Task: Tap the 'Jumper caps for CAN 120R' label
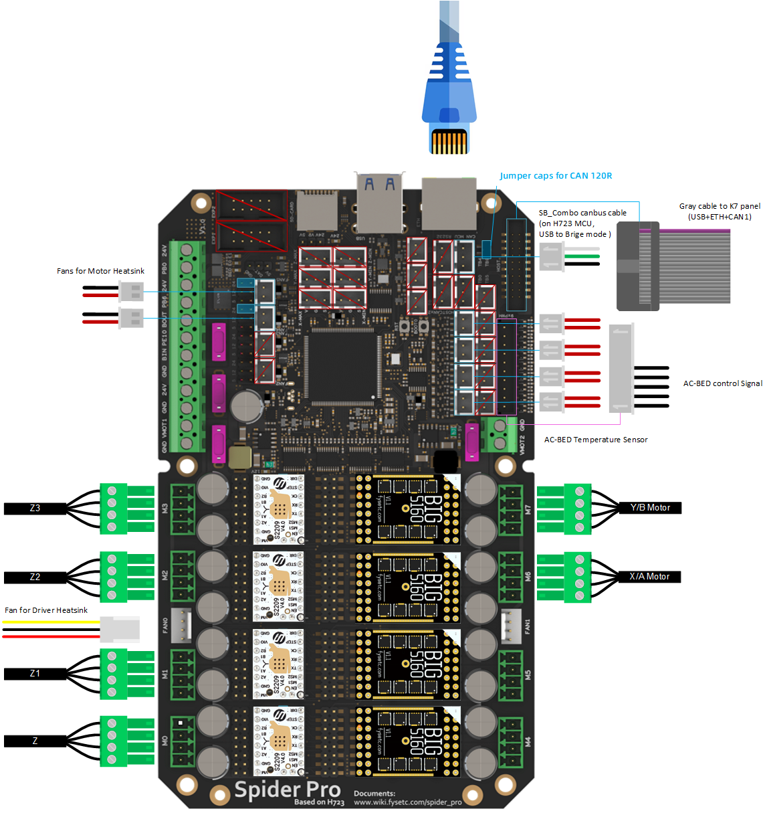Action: tap(556, 176)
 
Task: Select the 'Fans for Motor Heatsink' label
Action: tap(100, 271)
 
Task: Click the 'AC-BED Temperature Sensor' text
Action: tap(595, 440)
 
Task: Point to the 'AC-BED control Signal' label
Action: tap(722, 383)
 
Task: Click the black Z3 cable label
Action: tap(35, 509)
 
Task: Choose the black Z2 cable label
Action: tap(35, 577)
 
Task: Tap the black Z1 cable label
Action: tap(35, 674)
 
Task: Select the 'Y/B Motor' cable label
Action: tap(649, 508)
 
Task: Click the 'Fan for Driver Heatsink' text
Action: tap(46, 610)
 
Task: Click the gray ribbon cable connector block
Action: tap(637, 266)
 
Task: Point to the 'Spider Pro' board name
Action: tap(287, 790)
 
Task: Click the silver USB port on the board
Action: tap(379, 201)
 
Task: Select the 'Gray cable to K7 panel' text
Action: tap(720, 211)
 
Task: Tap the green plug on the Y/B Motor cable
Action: tap(578, 508)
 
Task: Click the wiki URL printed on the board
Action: tap(407, 802)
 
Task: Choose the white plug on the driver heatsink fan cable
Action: tap(120, 629)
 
